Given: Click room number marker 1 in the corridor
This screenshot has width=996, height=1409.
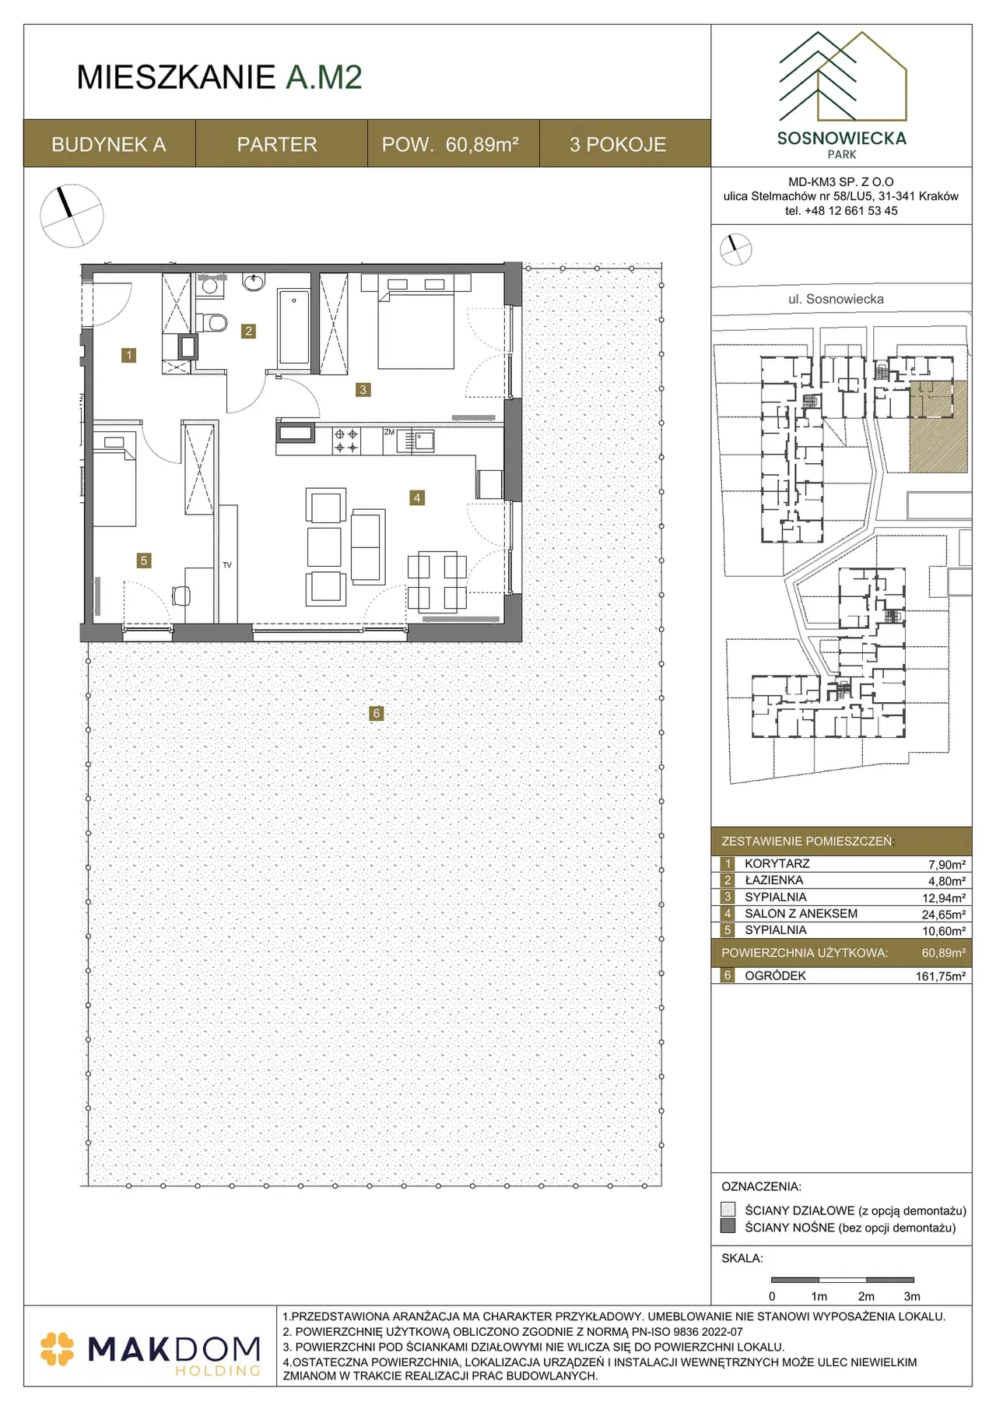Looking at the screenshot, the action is tap(129, 355).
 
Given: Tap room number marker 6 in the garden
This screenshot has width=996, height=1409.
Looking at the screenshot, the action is tap(377, 713).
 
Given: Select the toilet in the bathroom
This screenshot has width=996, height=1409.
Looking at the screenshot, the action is tap(212, 322).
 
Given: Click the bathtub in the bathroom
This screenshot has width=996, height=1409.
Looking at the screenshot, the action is tap(294, 327).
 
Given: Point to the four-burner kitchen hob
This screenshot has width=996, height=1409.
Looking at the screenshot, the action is tap(346, 441).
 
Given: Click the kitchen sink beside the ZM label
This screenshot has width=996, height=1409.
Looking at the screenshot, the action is tap(416, 441).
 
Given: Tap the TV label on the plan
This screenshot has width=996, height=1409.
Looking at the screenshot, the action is tap(227, 565).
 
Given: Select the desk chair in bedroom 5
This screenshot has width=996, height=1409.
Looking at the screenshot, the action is tap(181, 596).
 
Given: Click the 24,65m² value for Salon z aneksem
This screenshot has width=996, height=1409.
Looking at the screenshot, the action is tap(944, 915).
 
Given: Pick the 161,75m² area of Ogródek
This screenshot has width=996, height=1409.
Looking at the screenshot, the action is tap(941, 976).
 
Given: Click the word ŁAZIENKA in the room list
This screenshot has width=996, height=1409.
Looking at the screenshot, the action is tap(773, 880).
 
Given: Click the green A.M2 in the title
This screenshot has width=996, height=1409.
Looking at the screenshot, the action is tap(324, 77).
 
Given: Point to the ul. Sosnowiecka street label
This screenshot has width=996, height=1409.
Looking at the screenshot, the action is tap(836, 299).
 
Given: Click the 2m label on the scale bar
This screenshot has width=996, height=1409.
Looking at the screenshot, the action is tap(866, 1297).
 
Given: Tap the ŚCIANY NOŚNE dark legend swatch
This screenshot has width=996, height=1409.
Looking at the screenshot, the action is tap(728, 1226).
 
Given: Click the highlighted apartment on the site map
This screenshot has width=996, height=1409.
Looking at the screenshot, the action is tap(938, 427).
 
